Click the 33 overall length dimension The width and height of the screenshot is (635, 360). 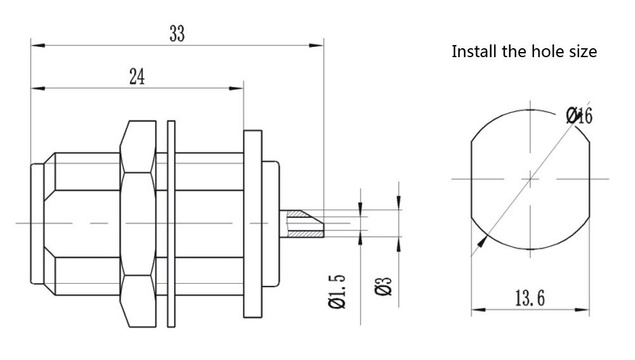coord(177,34)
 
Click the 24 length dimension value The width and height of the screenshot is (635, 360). coord(137,77)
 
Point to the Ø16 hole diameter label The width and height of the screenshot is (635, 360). coord(578,116)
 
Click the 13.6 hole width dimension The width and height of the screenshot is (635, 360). coord(530,297)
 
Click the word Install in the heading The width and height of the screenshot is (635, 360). coord(474,51)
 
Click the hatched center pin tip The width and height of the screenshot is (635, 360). coord(305,224)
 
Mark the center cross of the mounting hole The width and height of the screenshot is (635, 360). coord(530,179)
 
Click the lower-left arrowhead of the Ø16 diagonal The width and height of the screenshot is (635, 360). coord(481,241)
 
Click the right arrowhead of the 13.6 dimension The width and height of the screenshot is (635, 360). coord(585,311)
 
